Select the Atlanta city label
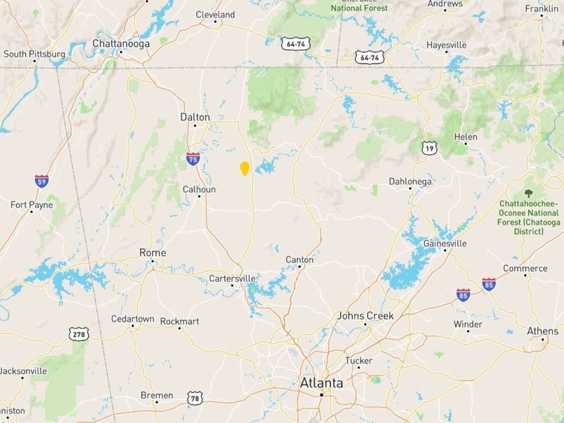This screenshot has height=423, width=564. pyautogui.click(x=321, y=383)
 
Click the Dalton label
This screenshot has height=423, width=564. pyautogui.click(x=195, y=117)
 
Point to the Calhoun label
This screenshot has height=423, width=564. pyautogui.click(x=199, y=189)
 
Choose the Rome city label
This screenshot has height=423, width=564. pyautogui.click(x=153, y=252)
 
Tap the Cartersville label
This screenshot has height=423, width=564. pyautogui.click(x=232, y=278)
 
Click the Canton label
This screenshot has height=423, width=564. pyautogui.click(x=299, y=260)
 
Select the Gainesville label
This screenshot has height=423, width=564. pyautogui.click(x=445, y=244)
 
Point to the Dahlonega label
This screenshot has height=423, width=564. pyautogui.click(x=410, y=181)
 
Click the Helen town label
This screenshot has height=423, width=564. pyautogui.click(x=466, y=137)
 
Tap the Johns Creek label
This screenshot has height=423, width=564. pyautogui.click(x=365, y=316)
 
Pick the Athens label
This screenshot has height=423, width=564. pyautogui.click(x=542, y=330)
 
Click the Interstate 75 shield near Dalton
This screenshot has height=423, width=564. pyautogui.click(x=193, y=158)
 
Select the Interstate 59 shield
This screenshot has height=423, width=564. pyautogui.click(x=42, y=181)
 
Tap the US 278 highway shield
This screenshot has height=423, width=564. pyautogui.click(x=79, y=334)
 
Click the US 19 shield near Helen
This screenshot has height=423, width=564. pyautogui.click(x=429, y=147)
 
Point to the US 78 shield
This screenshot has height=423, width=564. pyautogui.click(x=194, y=398)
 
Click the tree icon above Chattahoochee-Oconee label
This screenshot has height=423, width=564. pyautogui.click(x=528, y=193)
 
